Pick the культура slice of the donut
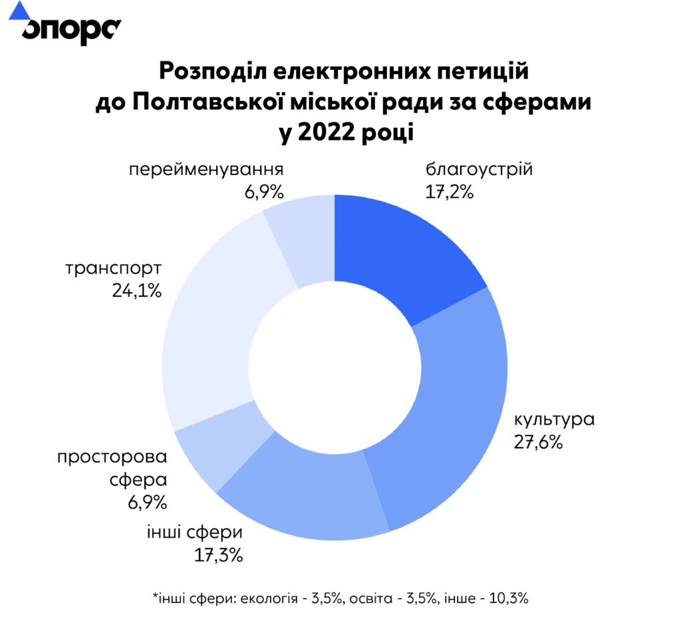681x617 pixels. [446, 419]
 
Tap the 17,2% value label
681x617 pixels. [449, 192]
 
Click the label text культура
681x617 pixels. [553, 420]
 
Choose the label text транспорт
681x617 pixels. [114, 270]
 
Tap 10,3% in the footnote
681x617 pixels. [509, 598]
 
